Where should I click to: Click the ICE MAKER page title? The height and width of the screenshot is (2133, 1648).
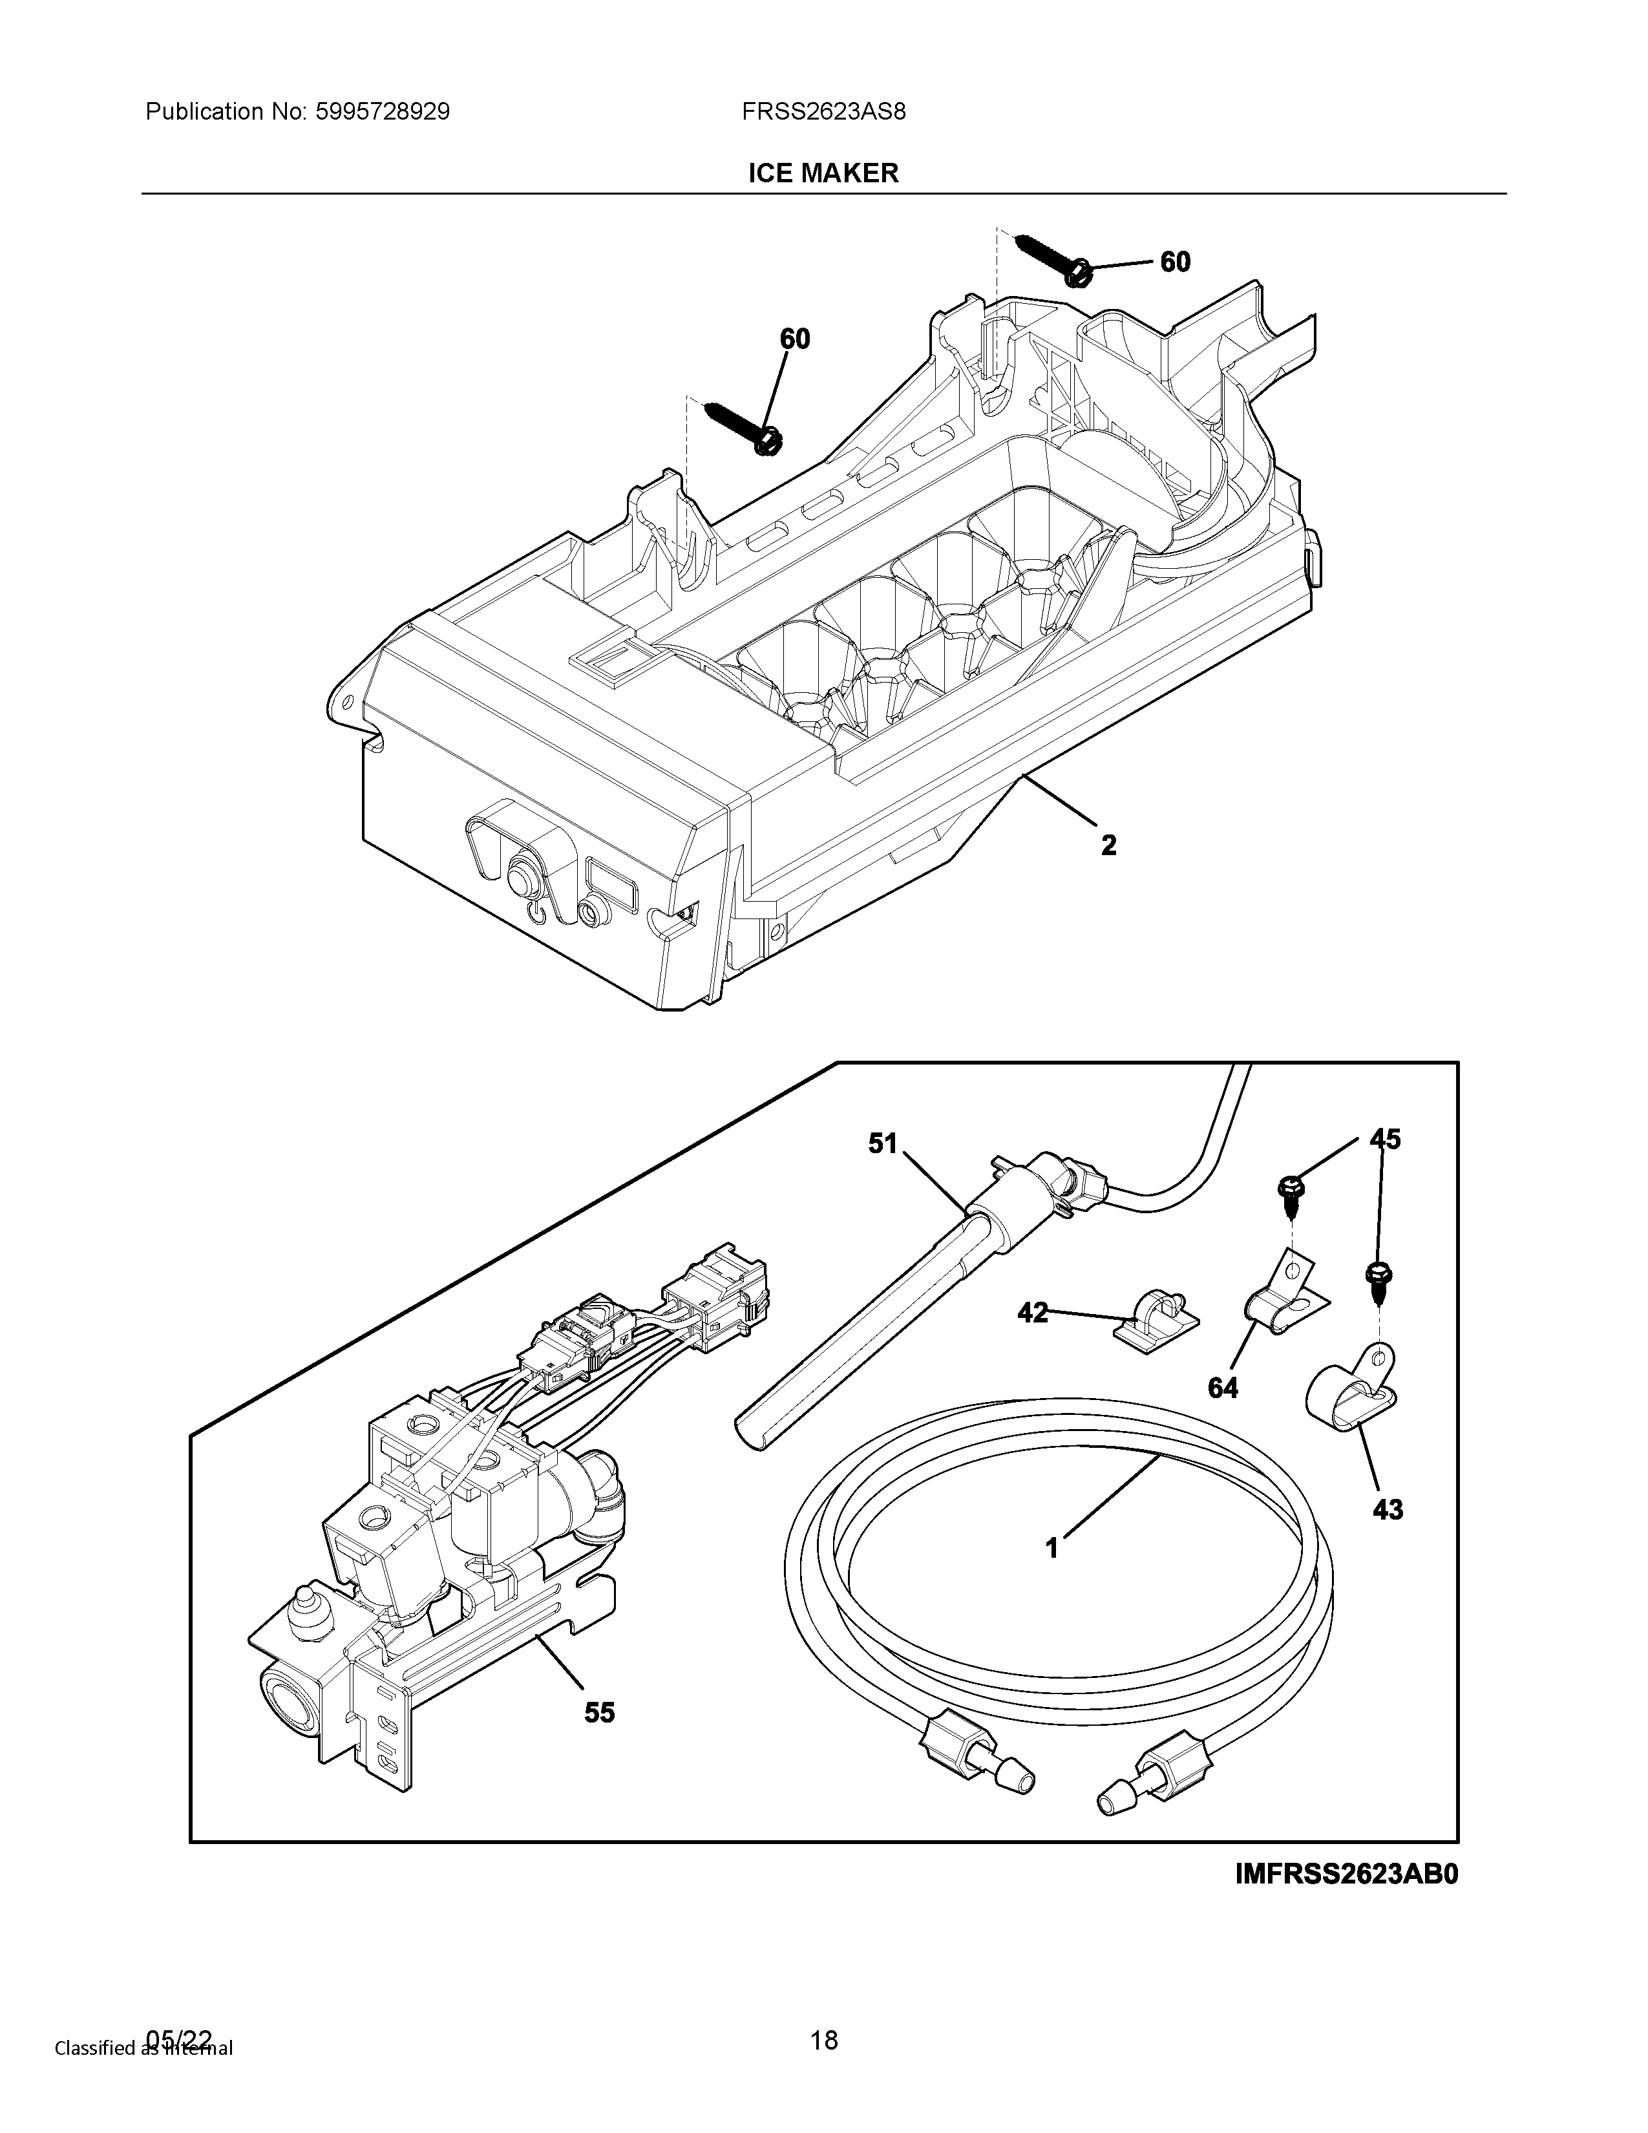click(x=823, y=174)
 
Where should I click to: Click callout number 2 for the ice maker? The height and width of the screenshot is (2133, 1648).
click(x=1108, y=845)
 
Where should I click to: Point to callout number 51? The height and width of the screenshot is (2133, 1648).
click(x=883, y=1143)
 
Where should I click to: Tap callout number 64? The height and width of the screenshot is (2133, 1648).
click(x=1222, y=1388)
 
